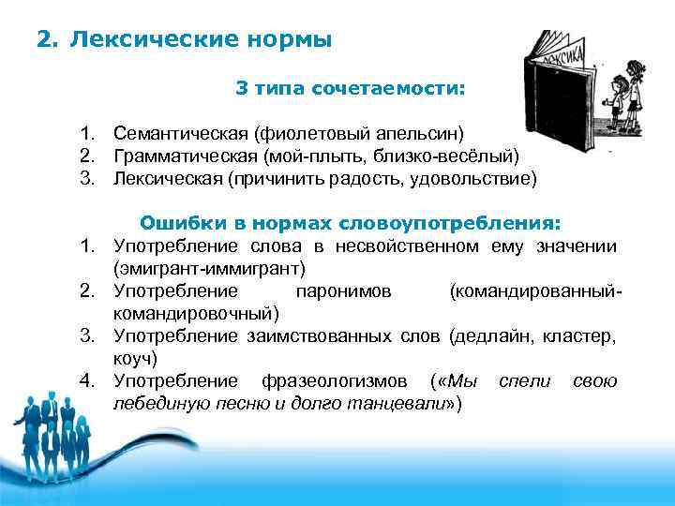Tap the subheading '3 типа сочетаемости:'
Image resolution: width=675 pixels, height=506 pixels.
coord(350,90)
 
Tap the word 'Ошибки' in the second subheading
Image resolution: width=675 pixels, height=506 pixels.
coord(178,223)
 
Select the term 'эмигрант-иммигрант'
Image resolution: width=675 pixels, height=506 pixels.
coord(209,268)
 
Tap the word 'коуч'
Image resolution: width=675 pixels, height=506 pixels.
coord(135,357)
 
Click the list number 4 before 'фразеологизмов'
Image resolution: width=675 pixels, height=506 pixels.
coord(86,380)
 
